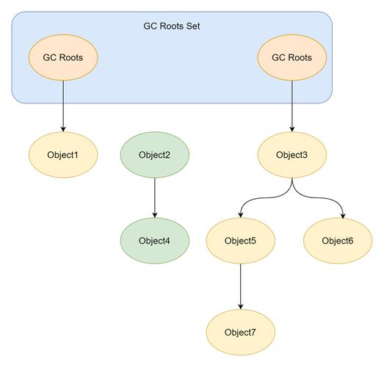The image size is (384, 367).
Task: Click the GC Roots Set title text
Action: pos(172,26)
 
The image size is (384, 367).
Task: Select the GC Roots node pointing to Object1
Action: pos(63,57)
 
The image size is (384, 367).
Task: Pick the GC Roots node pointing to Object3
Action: pos(291,57)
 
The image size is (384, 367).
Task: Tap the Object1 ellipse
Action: pos(63,155)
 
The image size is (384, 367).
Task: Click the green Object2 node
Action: pos(154,155)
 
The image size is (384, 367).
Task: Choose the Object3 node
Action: pos(291,155)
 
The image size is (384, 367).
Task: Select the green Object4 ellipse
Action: pos(154,241)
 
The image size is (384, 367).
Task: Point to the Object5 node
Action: pos(240,241)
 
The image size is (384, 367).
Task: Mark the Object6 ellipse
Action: pos(338,241)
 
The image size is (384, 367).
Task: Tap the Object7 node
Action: pos(240,332)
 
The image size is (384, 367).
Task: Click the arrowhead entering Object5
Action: pos(241,214)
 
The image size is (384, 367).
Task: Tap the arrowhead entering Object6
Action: pos(343,214)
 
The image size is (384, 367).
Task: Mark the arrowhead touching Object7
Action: pos(240,306)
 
